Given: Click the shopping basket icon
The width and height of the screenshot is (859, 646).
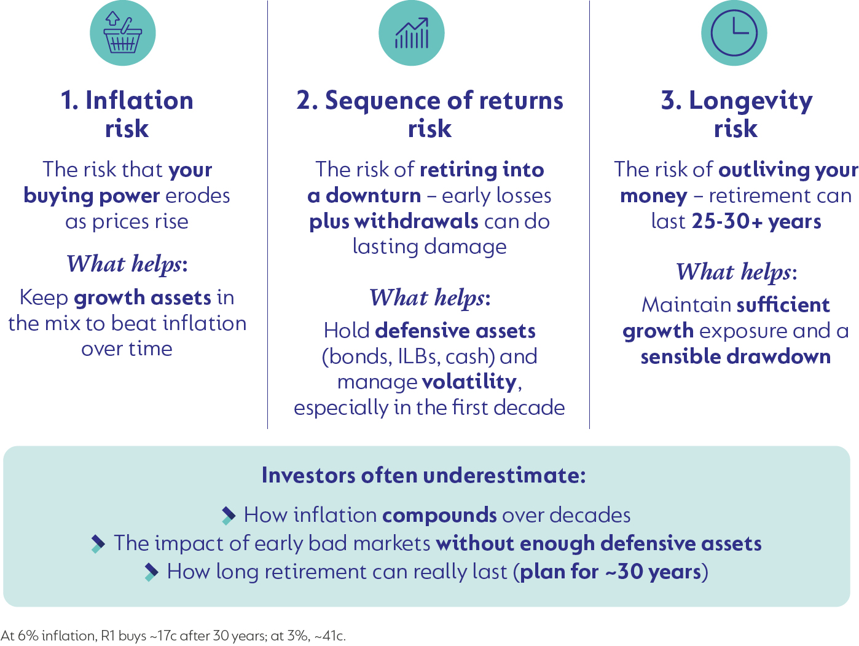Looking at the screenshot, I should pos(123,34).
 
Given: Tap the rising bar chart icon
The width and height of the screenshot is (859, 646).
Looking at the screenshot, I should pos(412,34).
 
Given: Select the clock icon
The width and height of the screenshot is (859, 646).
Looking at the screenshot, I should pos(734,34).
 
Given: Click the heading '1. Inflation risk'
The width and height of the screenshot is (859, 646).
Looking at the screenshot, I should pos(127,114).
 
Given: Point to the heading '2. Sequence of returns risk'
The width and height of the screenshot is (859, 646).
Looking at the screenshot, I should pos(430,114).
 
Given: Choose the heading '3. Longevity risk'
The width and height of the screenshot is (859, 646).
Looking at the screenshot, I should pos(736,114).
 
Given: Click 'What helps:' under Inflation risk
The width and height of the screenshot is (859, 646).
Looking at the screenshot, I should pos(127,264).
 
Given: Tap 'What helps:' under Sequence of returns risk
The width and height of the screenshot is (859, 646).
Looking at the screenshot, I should pos(430,298).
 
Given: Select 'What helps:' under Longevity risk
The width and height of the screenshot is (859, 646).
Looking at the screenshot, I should pos(736,272).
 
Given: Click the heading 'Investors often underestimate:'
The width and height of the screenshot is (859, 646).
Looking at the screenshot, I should pos(423,476).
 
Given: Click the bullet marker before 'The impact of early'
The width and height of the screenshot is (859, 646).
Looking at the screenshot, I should pos(98,543).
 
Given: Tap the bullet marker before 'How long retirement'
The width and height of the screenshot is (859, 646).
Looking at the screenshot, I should pos(151,572).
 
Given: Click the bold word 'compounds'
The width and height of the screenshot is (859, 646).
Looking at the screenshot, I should pos(439,515).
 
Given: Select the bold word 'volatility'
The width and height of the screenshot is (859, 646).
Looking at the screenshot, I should pos(469,382).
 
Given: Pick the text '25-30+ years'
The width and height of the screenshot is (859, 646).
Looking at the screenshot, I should pos(756,221).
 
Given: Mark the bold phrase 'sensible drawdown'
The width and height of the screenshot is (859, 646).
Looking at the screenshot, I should pos(735,356).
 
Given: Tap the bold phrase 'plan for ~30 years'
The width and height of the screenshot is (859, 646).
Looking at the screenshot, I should pos(610,572).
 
